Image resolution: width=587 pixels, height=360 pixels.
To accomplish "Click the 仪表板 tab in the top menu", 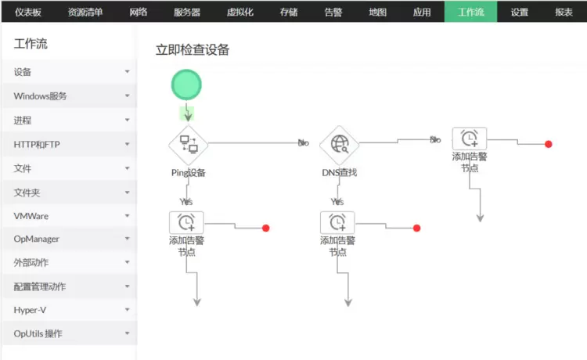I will click(x=28, y=12).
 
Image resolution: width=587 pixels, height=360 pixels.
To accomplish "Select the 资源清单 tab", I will click(x=85, y=12).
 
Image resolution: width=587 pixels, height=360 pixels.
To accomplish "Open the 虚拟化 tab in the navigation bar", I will click(x=240, y=12).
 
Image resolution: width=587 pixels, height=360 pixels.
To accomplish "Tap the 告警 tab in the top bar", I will click(x=333, y=12).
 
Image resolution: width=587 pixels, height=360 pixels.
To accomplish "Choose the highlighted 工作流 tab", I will click(x=470, y=12).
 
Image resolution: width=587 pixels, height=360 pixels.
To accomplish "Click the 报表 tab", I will click(x=564, y=12).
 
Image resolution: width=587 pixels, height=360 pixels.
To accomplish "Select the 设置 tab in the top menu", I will click(x=519, y=12).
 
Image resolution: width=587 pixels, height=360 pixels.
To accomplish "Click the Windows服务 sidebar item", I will click(x=41, y=96).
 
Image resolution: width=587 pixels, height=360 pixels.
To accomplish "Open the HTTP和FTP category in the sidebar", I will click(x=37, y=144).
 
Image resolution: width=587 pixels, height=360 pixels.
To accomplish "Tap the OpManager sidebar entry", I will click(x=36, y=239).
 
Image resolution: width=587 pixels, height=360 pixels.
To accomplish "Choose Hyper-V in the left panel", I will click(x=30, y=310).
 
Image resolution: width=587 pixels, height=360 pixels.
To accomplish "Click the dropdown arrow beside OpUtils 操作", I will click(x=127, y=334).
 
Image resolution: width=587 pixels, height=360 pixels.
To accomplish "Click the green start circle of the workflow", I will click(x=187, y=84).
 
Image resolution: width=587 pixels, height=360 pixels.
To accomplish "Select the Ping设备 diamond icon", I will click(x=189, y=143).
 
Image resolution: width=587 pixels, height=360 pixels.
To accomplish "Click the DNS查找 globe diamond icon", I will click(x=339, y=143).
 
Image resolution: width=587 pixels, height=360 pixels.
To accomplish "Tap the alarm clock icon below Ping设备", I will click(x=186, y=222).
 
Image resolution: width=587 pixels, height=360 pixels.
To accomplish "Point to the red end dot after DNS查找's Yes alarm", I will click(x=416, y=228).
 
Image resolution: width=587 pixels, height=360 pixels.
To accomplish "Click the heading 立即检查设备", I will click(x=193, y=50).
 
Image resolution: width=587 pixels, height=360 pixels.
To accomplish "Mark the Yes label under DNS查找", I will click(x=337, y=201).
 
